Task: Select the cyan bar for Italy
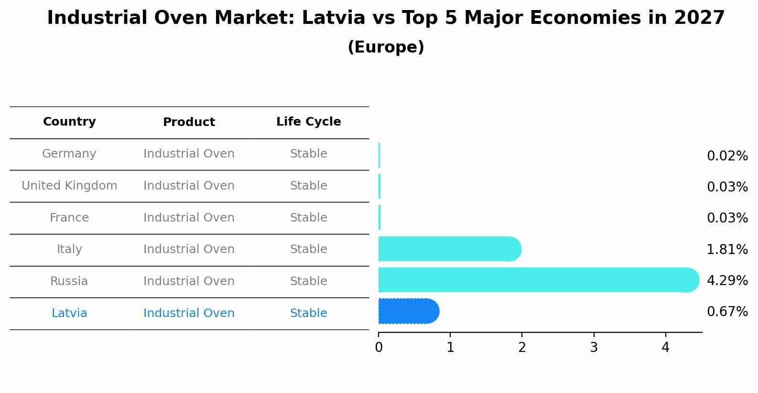(449, 249)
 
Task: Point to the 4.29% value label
(727, 280)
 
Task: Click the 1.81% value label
(727, 249)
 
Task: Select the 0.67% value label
(727, 312)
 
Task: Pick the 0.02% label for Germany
(727, 156)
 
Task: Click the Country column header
(69, 122)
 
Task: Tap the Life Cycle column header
(308, 122)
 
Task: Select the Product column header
(189, 122)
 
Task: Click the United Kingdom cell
(69, 186)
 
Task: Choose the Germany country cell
(69, 154)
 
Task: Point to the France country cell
(69, 218)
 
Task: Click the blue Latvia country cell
(69, 313)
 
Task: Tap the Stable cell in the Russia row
(308, 281)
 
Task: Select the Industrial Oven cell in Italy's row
(189, 249)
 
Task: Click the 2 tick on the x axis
(522, 348)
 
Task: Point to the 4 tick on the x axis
(665, 348)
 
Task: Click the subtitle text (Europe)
(386, 47)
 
